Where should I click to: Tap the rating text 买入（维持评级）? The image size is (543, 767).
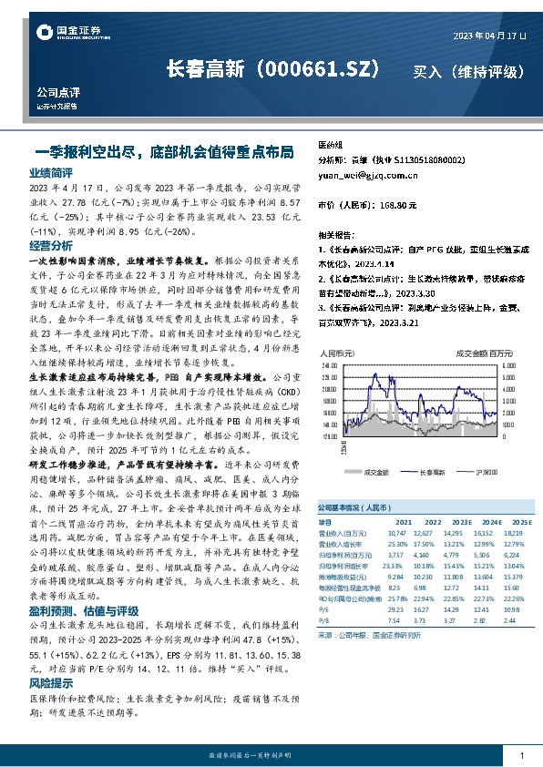(x=469, y=70)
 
